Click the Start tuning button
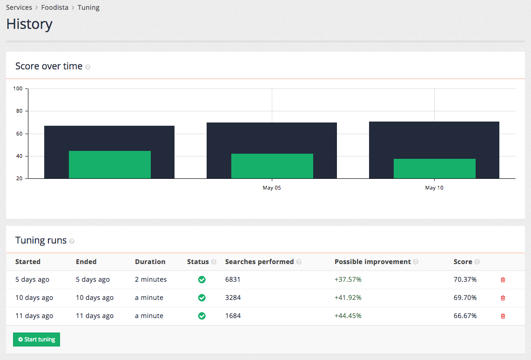36,340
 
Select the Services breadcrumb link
19,7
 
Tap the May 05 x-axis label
272,188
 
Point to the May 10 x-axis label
434,188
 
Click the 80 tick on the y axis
19,111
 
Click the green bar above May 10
434,169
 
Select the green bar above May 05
272,166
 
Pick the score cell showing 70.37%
465,279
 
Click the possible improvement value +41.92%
348,298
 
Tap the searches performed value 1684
233,316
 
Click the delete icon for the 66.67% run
503,316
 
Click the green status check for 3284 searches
202,298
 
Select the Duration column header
150,262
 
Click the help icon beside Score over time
88,67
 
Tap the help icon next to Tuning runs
72,241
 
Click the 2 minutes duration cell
151,279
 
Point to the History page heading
29,24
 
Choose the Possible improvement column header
372,262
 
